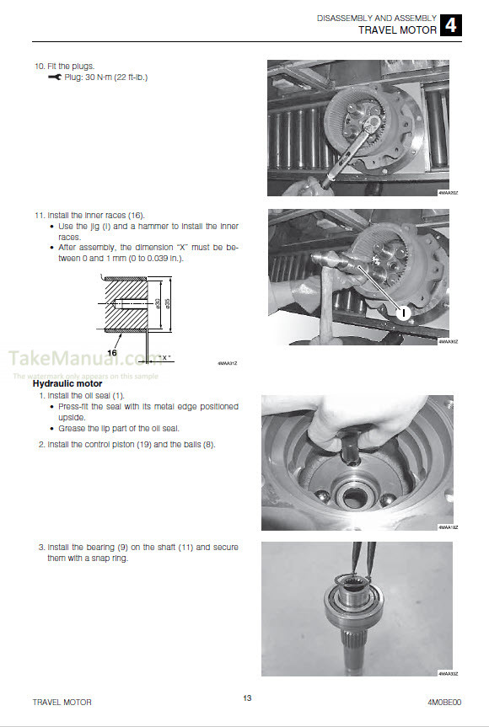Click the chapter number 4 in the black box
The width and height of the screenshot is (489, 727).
click(451, 24)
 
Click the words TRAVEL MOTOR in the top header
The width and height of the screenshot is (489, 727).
click(398, 29)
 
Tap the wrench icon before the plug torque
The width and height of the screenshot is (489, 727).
click(55, 78)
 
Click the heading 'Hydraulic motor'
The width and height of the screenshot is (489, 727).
click(67, 383)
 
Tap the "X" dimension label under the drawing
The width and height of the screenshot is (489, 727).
click(165, 357)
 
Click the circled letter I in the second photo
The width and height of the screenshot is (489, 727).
click(403, 313)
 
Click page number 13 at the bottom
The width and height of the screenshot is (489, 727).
click(246, 697)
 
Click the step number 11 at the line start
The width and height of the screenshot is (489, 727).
click(38, 215)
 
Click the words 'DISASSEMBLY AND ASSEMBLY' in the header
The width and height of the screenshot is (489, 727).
click(376, 18)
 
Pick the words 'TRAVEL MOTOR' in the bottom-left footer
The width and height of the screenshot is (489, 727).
click(62, 701)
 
